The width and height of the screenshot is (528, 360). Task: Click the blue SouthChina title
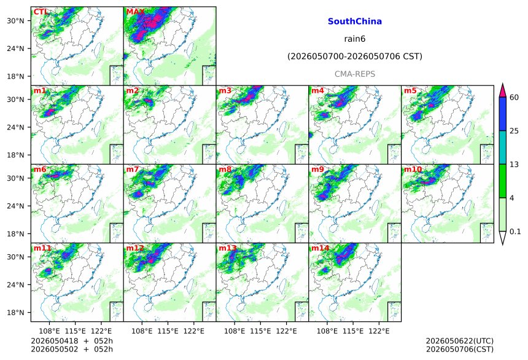(355, 22)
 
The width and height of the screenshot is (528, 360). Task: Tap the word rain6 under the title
(355, 39)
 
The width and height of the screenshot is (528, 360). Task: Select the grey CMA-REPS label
(355, 74)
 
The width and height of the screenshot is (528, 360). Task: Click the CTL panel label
(41, 12)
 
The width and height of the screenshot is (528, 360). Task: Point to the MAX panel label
(135, 12)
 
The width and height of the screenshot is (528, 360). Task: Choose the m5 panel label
(410, 91)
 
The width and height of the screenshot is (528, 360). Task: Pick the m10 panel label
(413, 169)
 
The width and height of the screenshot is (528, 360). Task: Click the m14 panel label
(320, 248)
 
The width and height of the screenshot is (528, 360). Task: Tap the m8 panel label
(225, 169)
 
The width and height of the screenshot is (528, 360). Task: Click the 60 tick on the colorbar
(514, 98)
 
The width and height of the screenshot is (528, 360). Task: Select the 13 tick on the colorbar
(514, 165)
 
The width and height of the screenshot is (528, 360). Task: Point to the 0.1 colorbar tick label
(515, 232)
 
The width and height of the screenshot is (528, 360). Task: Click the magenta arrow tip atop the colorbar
(502, 84)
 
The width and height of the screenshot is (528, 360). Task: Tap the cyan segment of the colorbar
(502, 147)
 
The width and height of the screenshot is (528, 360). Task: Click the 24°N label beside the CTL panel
(15, 49)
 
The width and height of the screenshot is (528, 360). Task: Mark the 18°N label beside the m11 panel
(15, 313)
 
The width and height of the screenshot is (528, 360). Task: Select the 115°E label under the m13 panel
(260, 331)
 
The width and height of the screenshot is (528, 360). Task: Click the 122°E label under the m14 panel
(379, 331)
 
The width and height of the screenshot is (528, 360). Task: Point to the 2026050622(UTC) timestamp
(460, 341)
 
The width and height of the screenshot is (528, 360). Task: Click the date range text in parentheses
(355, 57)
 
